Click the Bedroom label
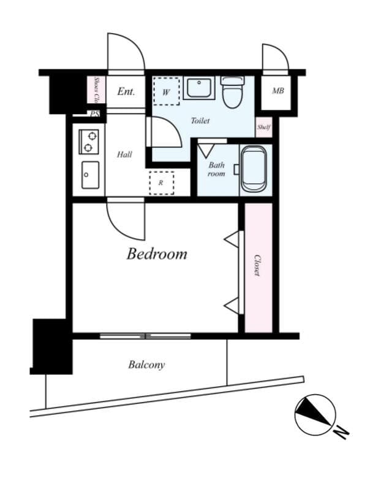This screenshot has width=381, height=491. coord(157,253)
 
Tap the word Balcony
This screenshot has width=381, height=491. coord(146,365)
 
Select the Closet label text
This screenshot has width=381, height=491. coord(257,265)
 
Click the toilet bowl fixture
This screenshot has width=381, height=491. coord(232,93)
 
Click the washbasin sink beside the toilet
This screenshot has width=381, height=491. coord(198,88)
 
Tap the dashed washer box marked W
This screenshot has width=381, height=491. coord(166,91)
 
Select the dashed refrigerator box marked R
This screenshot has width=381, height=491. coord(162,183)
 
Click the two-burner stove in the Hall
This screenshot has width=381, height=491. coord(88,142)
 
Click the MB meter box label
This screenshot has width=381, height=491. coord(277,91)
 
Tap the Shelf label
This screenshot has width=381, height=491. coord(264,128)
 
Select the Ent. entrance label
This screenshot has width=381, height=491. coord(126,92)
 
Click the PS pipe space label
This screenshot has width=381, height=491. coord(94,114)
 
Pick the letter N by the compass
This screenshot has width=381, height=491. coord(342,433)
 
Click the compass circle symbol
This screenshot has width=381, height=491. coord(315,414)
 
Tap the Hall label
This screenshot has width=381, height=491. coord(124,155)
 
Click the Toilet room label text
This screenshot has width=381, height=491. coord(200,121)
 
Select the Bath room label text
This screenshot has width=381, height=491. coord(216,169)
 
